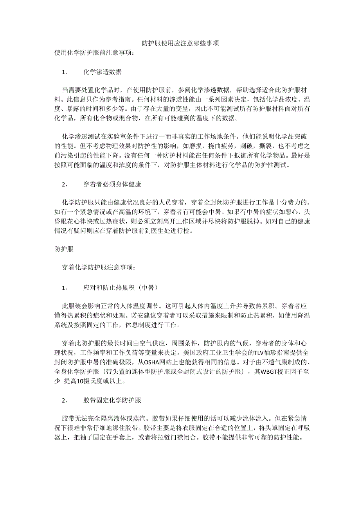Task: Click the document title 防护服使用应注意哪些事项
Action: (180, 43)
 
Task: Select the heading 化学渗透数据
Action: (102, 72)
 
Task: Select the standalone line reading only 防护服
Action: (64, 249)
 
